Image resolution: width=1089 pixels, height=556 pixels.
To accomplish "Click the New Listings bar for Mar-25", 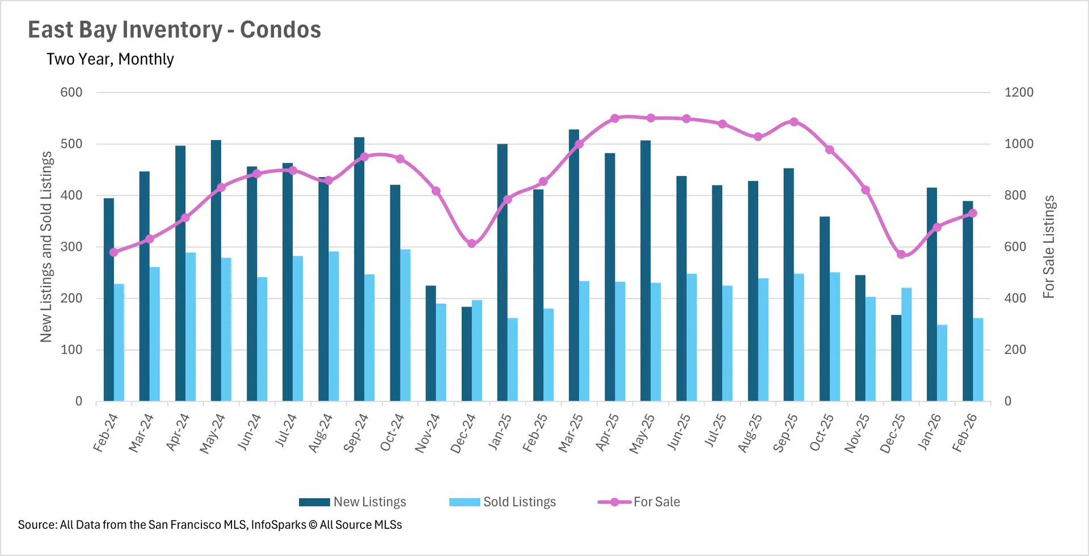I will [574, 267].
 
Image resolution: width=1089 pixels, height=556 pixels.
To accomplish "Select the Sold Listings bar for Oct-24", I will [406, 326].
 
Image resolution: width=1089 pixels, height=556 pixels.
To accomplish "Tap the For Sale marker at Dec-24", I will [472, 243].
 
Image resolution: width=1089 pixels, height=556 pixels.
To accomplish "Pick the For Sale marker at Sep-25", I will [794, 122].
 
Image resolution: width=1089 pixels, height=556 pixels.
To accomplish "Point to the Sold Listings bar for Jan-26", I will [942, 363].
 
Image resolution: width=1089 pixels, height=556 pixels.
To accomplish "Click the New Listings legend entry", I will [353, 502].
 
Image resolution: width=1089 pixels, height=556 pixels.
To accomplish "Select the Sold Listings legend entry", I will [503, 502].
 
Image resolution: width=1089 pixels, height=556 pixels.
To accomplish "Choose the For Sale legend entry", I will [639, 502].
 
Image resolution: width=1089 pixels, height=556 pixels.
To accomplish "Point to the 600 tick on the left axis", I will [71, 92].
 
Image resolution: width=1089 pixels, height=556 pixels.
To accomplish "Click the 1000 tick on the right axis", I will [1019, 144].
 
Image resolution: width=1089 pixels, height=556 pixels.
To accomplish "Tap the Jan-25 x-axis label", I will [500, 433].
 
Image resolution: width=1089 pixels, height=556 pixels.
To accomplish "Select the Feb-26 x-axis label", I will [965, 433].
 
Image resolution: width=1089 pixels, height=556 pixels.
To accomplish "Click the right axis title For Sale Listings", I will [1049, 247].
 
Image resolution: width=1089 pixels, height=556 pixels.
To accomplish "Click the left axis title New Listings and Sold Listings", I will [46, 247].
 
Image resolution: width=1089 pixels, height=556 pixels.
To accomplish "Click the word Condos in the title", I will [280, 30].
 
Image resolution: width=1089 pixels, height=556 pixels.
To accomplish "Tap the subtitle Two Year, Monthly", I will [110, 59].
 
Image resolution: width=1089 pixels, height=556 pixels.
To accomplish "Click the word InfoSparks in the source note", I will [278, 525].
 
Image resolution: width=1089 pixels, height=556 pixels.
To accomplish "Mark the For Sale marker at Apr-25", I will [615, 119].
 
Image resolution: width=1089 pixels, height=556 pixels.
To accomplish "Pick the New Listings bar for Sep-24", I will [359, 269].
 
